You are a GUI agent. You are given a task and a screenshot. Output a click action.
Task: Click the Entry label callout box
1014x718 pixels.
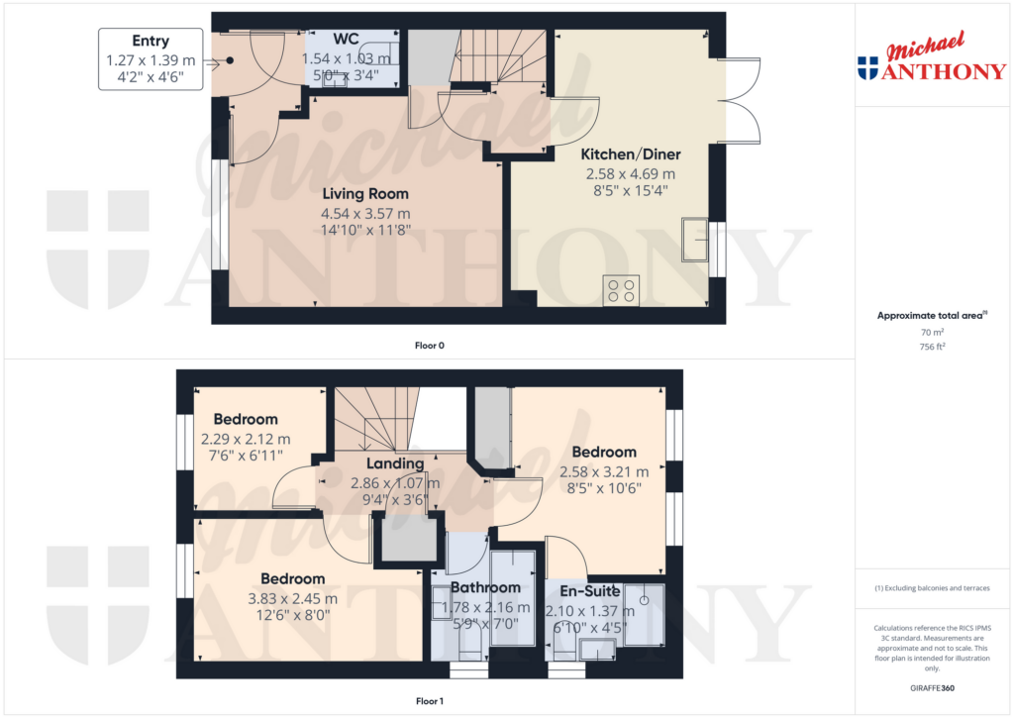151,59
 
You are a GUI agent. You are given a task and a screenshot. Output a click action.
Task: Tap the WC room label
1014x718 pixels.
346,40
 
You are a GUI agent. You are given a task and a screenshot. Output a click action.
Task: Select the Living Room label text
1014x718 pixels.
365,194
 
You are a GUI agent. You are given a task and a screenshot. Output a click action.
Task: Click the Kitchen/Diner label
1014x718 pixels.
630,154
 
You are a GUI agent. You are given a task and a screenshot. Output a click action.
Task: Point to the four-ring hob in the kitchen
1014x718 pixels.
621,289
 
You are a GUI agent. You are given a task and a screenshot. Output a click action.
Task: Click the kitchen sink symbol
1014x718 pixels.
695,239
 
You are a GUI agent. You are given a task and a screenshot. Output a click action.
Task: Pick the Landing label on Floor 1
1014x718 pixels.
394,463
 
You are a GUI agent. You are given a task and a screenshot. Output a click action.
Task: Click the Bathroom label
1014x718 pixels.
485,588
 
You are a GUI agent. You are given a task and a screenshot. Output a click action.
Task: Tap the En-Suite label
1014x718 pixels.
590,592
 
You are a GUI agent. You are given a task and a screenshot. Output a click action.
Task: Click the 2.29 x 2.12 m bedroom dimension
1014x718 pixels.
246,439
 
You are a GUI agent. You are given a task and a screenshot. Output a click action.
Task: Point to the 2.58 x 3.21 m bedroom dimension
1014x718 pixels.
604,471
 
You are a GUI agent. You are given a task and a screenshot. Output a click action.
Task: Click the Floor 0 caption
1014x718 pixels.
430,346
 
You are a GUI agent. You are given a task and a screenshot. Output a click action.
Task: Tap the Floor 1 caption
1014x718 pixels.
430,701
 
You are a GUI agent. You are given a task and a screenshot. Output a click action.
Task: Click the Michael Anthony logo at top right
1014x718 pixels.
931,60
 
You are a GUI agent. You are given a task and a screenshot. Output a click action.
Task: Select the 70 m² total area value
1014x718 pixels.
930,333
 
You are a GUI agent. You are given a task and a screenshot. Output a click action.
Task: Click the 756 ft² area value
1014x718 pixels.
930,347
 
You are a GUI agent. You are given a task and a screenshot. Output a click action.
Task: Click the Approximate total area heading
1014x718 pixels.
930,315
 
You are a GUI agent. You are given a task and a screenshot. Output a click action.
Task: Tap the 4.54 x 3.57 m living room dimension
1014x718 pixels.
365,213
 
